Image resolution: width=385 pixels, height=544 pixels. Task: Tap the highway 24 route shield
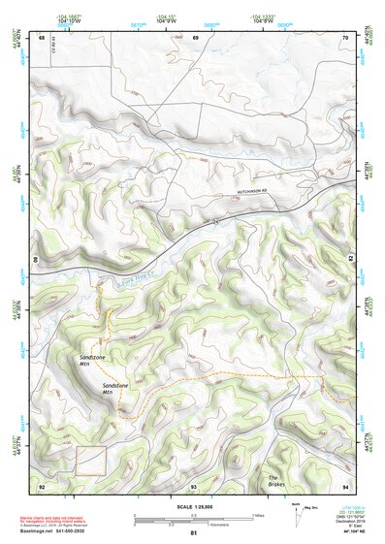point(205,224)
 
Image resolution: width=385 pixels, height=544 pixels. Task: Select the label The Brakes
point(278,480)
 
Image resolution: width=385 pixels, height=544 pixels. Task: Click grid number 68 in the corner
point(41,38)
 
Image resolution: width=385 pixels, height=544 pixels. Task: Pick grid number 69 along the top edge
point(195,38)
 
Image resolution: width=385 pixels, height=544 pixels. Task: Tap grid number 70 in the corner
point(345,38)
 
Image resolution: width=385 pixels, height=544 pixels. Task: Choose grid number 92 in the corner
point(42,486)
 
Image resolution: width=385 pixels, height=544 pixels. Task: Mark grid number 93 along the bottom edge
point(194,486)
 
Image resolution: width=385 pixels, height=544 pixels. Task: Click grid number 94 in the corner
point(345,486)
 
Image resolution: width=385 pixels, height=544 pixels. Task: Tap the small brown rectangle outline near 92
point(91,461)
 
